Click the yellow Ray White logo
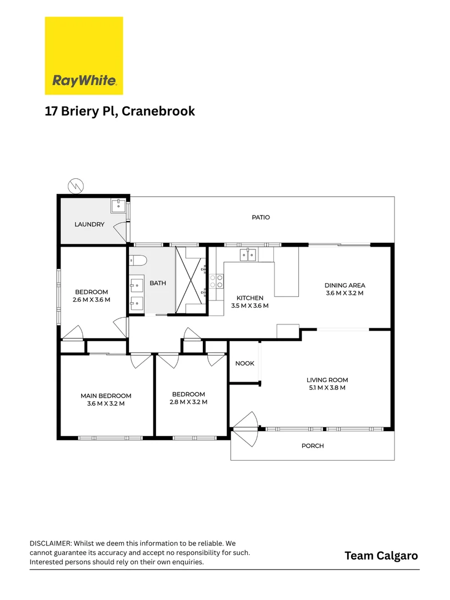click(83, 56)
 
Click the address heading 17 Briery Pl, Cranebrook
click(119, 111)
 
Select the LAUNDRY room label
click(89, 224)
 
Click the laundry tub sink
click(118, 207)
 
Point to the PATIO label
click(261, 217)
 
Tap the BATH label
click(157, 283)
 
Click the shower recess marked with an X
click(191, 281)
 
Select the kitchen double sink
click(248, 255)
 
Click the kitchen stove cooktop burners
click(216, 281)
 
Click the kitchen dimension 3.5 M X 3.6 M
click(249, 306)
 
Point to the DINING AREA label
click(344, 286)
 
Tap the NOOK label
click(244, 363)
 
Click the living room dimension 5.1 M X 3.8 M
click(327, 388)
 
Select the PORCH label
click(312, 446)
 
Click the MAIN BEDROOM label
click(106, 396)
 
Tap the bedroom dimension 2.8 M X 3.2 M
click(188, 402)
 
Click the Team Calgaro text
click(381, 556)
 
